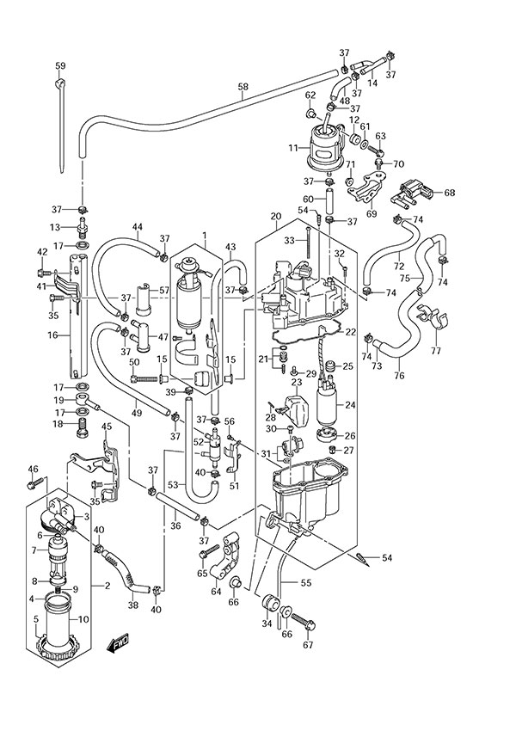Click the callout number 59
click(x=60, y=66)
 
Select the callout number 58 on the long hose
click(x=243, y=87)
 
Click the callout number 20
click(x=275, y=216)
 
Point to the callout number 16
click(x=52, y=336)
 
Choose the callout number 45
click(x=107, y=427)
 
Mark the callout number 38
click(x=132, y=605)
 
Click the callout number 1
click(x=205, y=235)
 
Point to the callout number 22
click(x=374, y=331)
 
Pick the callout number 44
click(x=137, y=227)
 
